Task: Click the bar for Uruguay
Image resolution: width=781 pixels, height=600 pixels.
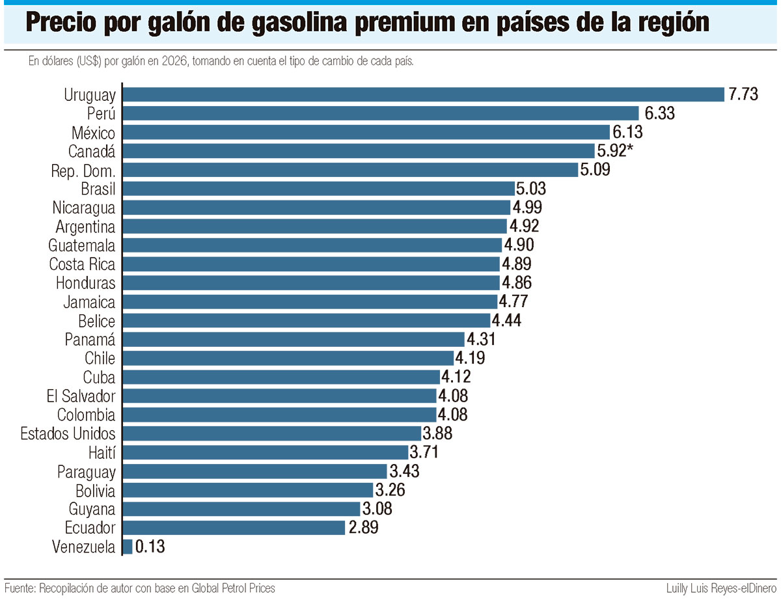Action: (x=423, y=94)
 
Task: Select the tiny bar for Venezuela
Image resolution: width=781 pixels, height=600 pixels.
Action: (x=128, y=547)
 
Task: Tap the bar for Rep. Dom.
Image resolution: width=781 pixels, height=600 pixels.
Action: (x=350, y=170)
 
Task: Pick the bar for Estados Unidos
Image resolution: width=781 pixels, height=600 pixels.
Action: (x=271, y=433)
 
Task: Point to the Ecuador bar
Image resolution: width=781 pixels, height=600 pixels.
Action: (x=234, y=528)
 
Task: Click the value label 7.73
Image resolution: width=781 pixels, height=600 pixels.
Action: (x=743, y=94)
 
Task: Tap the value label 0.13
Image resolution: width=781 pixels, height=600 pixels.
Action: (x=150, y=547)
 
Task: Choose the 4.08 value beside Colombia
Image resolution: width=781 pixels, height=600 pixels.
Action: (x=453, y=415)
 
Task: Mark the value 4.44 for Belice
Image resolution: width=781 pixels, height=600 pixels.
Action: (x=507, y=321)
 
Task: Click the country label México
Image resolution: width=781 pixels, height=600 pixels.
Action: (x=93, y=133)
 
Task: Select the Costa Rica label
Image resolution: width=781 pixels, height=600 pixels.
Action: (x=82, y=264)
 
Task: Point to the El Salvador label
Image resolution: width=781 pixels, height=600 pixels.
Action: (x=81, y=396)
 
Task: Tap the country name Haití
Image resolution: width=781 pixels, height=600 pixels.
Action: (x=101, y=452)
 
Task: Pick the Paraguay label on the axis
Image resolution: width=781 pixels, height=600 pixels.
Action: (x=86, y=471)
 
